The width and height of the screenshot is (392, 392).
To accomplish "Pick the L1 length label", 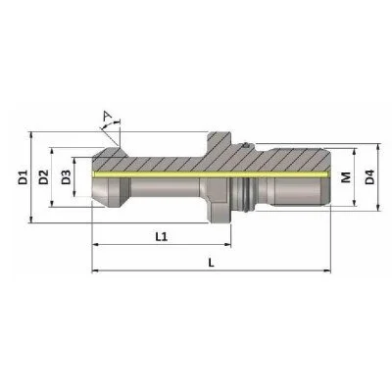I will click(163, 236).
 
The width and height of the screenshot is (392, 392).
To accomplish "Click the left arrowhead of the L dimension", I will click(94, 271).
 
